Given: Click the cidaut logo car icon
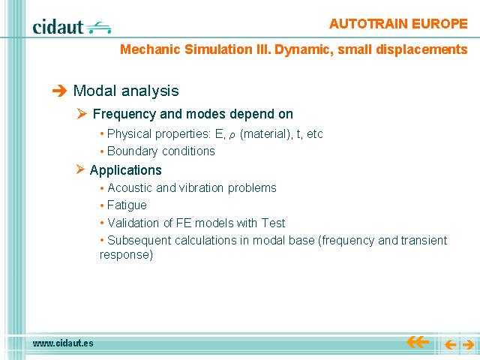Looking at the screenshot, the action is (98, 28).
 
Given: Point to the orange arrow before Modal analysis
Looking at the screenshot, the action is (59, 91).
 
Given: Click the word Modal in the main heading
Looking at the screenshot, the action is (95, 91).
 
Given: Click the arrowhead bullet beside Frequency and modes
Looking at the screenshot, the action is (82, 114).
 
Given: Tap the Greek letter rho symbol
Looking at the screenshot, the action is (232, 135).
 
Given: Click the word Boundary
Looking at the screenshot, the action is (132, 151).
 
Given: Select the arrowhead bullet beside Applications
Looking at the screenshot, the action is (80, 169).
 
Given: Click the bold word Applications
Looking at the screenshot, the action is (125, 170).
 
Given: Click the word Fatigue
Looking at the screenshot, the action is (127, 205).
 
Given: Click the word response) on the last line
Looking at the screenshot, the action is (126, 255).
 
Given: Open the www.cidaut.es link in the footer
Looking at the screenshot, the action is (63, 343).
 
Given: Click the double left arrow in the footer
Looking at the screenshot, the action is (418, 342).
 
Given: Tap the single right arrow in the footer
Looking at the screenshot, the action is (468, 345).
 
